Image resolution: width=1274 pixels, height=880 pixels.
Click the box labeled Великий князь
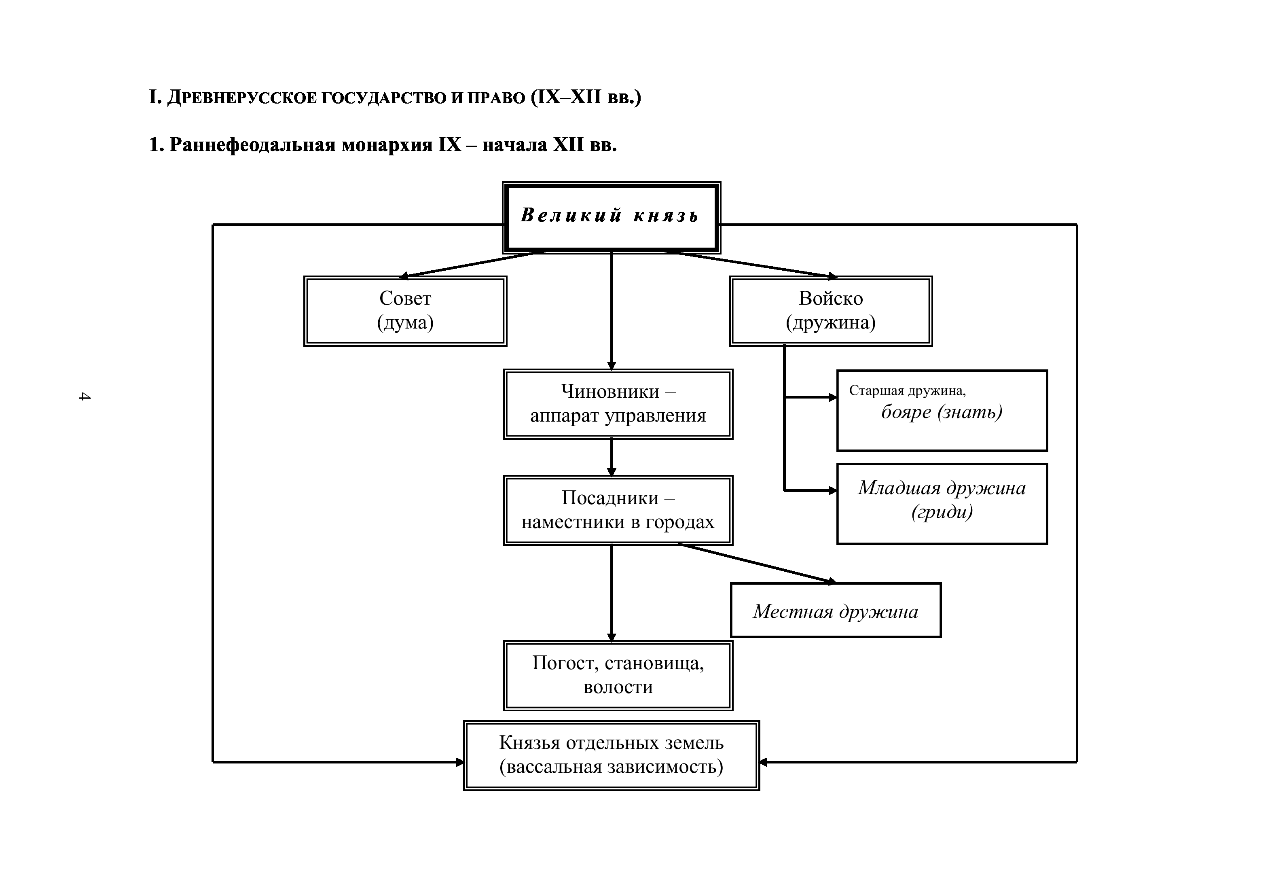611,217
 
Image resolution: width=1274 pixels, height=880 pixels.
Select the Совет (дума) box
405,311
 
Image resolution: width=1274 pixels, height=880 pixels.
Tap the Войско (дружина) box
830,311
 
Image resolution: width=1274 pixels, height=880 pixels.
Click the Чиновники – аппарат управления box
618,404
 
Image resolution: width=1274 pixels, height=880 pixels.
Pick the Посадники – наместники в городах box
618,511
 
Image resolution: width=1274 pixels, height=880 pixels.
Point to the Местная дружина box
835,611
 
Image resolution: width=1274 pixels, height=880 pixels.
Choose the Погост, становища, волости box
618,675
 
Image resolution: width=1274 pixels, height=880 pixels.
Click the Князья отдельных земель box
611,755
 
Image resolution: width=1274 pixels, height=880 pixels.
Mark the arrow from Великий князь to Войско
752,264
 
